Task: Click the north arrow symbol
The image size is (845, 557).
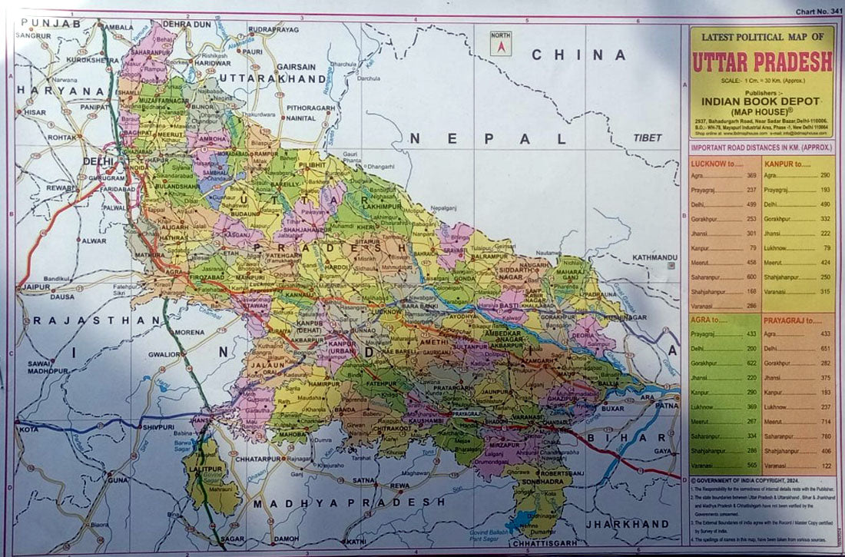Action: (500, 44)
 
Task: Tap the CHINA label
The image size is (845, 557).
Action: (579, 55)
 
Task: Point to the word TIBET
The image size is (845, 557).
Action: (648, 138)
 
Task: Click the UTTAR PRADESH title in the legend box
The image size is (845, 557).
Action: (762, 61)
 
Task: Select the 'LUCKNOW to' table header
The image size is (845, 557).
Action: (717, 164)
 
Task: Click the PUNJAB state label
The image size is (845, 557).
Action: (48, 25)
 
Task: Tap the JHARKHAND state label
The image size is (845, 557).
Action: (628, 523)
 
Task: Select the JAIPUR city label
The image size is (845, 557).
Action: (36, 287)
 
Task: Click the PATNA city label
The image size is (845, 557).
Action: (666, 404)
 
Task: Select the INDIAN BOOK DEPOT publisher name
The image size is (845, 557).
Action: (761, 101)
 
